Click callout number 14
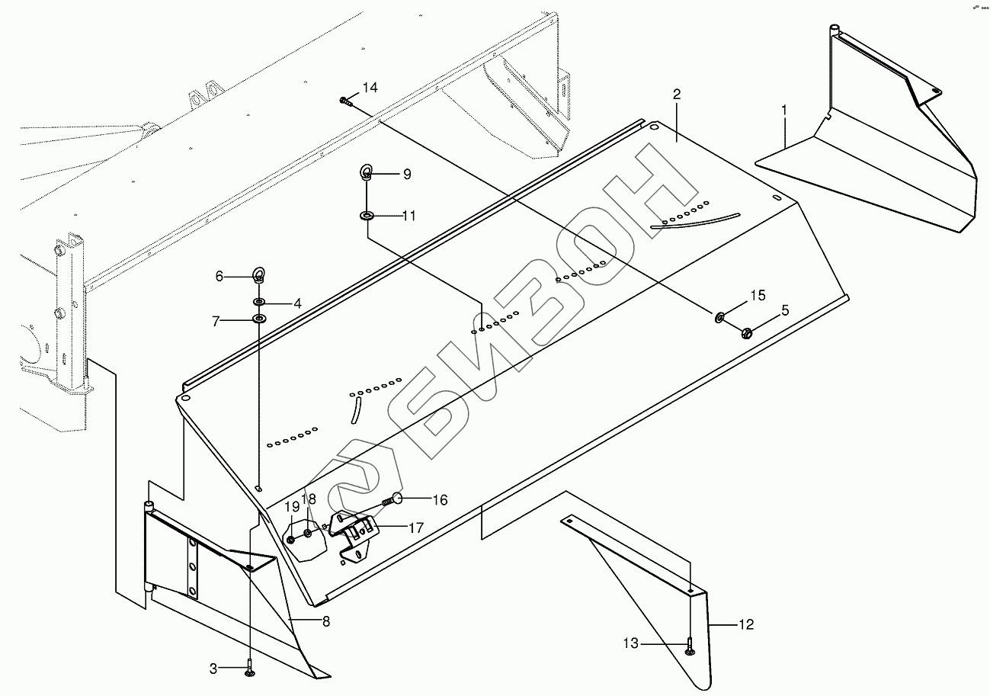click(x=370, y=88)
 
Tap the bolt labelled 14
click(x=345, y=100)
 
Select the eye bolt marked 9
click(x=367, y=173)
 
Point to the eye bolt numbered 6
click(x=259, y=276)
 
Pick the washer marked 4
click(x=260, y=303)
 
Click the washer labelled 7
click(x=259, y=319)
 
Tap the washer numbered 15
click(x=719, y=316)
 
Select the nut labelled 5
click(x=747, y=332)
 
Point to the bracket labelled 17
click(x=354, y=532)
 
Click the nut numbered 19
click(x=291, y=540)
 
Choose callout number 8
click(x=325, y=621)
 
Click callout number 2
click(x=676, y=95)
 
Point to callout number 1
click(x=783, y=111)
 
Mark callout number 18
click(x=308, y=499)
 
